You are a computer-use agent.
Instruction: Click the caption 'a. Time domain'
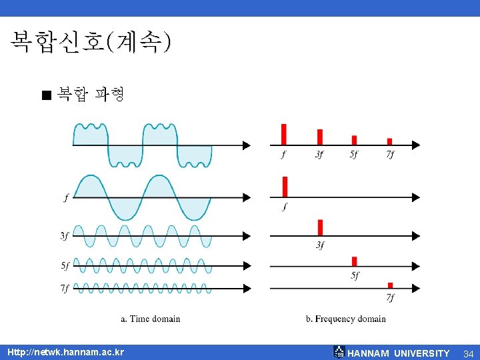pos(151,319)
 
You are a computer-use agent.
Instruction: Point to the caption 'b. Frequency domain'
pos(346,319)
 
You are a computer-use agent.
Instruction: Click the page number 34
pos(468,353)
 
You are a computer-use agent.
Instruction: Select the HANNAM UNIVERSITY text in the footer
pos(399,353)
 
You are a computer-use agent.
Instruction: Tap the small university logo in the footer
pos(339,352)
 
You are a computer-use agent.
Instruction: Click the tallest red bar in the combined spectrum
pos(284,134)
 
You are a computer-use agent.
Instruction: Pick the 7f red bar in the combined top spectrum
pos(389,141)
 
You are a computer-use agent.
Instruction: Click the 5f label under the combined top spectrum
pos(353,155)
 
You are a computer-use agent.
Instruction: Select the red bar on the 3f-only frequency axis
pos(321,227)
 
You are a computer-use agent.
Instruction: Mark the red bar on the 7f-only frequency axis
pos(390,285)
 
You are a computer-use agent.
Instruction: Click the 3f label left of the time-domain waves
pos(65,235)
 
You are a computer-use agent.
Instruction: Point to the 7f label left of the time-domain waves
pos(65,288)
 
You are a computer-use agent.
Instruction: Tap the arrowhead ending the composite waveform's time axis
pos(247,145)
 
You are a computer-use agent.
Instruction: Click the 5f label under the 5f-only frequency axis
pos(354,275)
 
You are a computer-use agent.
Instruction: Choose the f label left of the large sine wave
pos(65,197)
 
